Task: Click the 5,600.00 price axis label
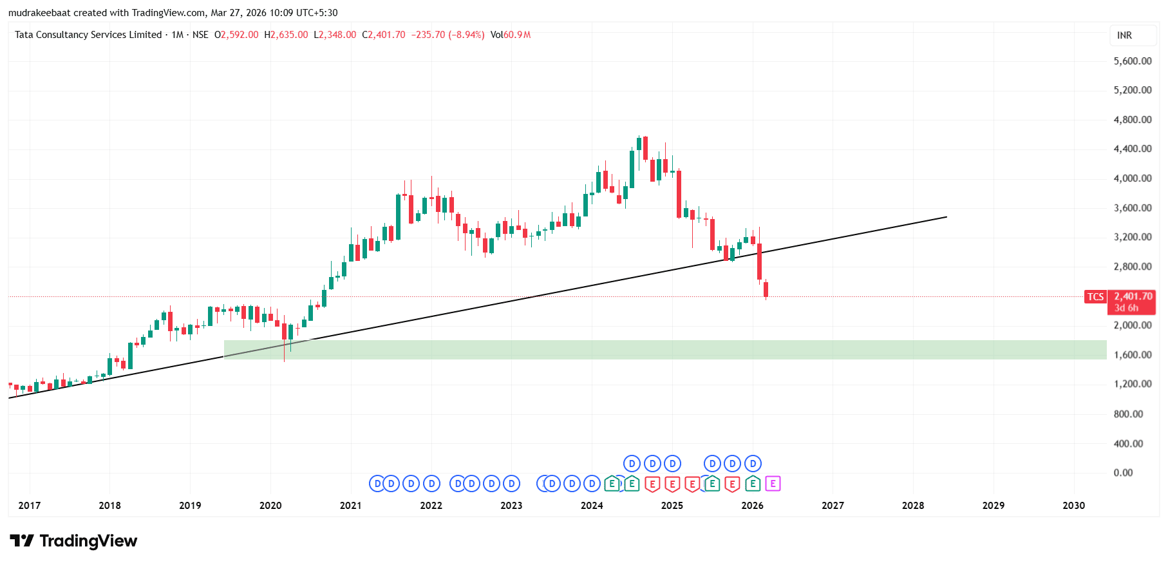click(x=1132, y=61)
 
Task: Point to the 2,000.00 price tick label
click(x=1132, y=325)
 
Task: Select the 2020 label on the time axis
click(x=270, y=506)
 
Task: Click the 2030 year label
click(x=1073, y=506)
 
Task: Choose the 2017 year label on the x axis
click(x=30, y=506)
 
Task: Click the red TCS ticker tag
click(x=1095, y=297)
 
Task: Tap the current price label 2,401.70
click(x=1133, y=296)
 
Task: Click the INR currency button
click(x=1124, y=35)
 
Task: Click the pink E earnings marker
click(x=773, y=484)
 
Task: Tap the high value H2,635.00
click(x=286, y=35)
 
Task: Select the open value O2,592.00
click(x=236, y=35)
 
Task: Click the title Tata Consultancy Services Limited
click(x=88, y=35)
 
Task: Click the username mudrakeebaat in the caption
click(x=39, y=13)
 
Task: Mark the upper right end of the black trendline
click(x=947, y=217)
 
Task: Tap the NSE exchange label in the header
click(x=200, y=35)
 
